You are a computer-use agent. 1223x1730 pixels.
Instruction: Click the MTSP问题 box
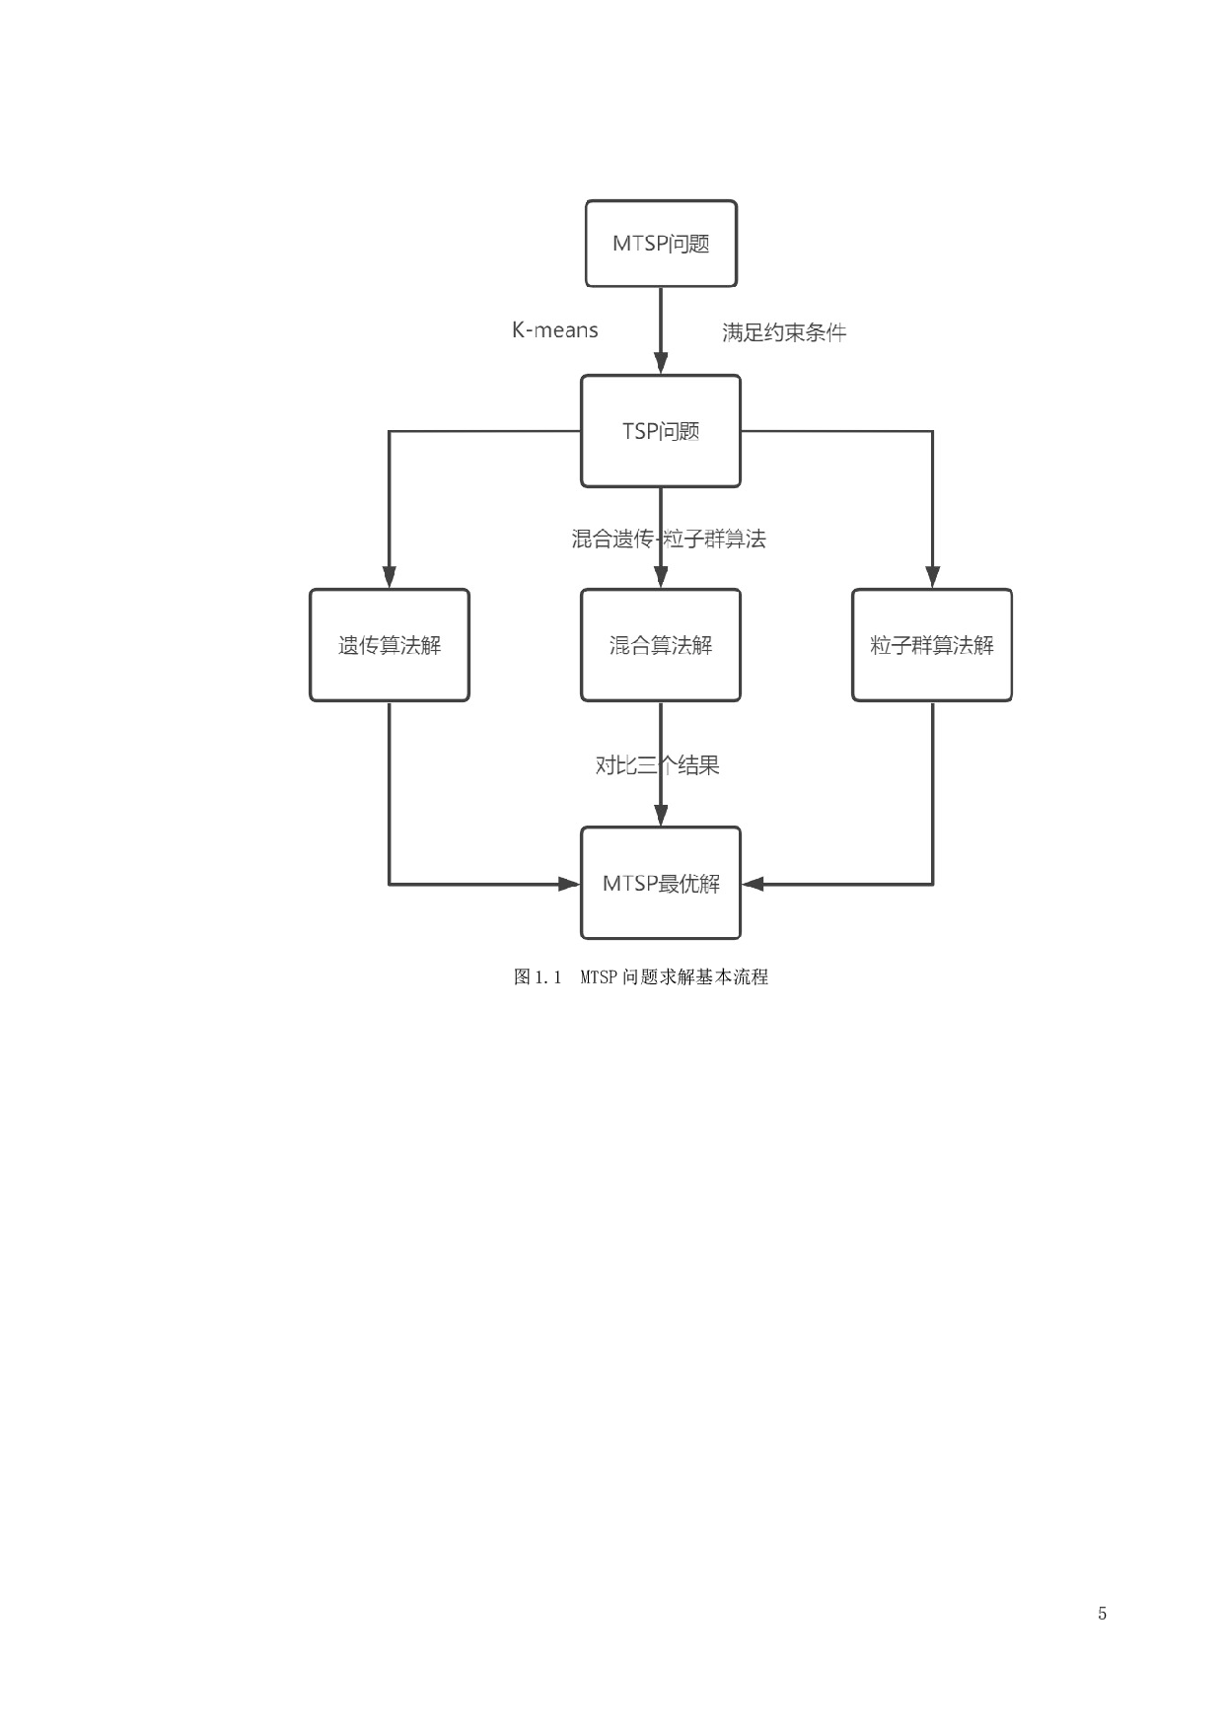(x=661, y=244)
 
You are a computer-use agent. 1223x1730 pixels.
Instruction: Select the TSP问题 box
(x=661, y=431)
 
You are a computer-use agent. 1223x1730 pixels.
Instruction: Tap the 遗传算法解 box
(x=390, y=645)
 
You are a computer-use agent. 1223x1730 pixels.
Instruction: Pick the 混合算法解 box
(x=661, y=645)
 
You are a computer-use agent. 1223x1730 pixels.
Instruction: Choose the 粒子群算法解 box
(x=932, y=645)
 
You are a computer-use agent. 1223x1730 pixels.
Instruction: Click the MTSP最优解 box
(x=661, y=883)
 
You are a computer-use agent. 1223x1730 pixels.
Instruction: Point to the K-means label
(x=554, y=330)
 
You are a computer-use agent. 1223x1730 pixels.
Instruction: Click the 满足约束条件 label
(x=784, y=332)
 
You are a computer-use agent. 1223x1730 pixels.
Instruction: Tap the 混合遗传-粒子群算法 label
(x=669, y=539)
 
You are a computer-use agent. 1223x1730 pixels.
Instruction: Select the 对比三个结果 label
(x=658, y=765)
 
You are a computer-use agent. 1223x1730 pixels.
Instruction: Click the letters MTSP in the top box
(x=639, y=244)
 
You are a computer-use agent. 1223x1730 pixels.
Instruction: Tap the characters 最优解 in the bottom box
(x=689, y=884)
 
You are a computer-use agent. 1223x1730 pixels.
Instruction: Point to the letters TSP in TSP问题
(x=640, y=432)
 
